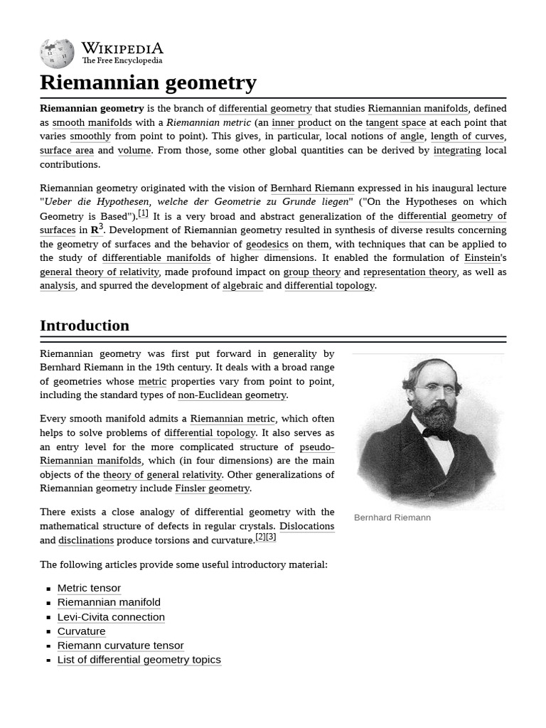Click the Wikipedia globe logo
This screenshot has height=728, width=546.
coord(57,53)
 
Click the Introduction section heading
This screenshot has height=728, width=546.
coord(85,326)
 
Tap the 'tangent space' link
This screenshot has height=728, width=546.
coord(395,122)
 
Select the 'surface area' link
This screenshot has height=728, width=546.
coord(67,150)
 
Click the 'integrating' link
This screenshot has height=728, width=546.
coord(457,150)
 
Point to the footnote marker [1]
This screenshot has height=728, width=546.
coord(143,213)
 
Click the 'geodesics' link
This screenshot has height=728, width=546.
coord(267,244)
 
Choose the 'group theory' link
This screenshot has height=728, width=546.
coord(311,272)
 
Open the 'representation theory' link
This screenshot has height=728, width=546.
coord(410,272)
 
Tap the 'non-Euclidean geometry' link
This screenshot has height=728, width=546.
coord(232,395)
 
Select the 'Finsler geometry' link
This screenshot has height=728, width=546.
coord(212,488)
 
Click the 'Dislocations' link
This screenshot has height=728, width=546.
coord(306,526)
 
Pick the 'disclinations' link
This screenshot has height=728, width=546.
coord(86,540)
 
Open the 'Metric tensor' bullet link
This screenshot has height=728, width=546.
coord(89,588)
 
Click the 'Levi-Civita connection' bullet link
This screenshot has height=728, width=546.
coord(111,617)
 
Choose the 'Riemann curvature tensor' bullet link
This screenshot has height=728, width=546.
coord(120,646)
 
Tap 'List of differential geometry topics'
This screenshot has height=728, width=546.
coord(139,660)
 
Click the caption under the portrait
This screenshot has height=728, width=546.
coord(392,518)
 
